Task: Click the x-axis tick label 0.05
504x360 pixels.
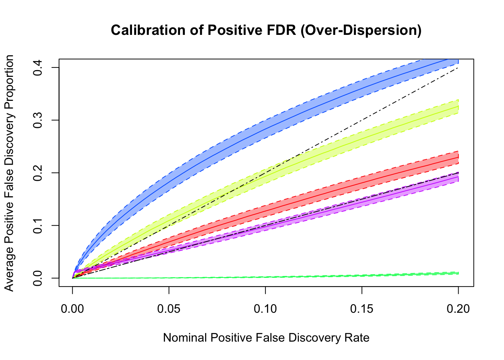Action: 169,309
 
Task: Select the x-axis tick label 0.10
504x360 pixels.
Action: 265,309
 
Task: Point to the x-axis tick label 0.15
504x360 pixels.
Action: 361,309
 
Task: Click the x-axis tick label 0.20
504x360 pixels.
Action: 458,309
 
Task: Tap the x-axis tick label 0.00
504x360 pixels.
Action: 72,309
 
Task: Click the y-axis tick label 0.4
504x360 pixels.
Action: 37,67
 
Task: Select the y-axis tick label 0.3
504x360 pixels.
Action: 37,120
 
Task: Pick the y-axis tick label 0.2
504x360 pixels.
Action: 37,173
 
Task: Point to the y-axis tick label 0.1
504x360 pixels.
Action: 37,225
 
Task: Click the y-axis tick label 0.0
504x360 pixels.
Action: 37,278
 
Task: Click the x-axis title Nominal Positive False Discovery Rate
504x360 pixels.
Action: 266,338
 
